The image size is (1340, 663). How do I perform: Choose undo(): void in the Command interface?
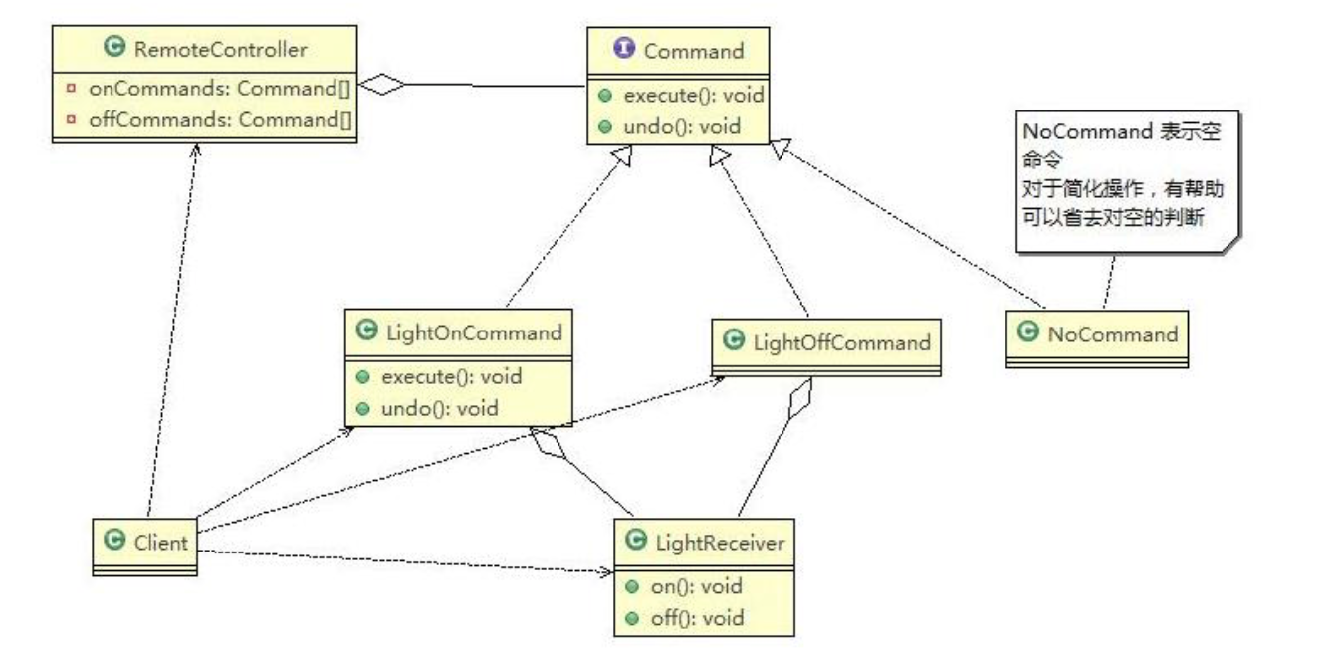pos(672,127)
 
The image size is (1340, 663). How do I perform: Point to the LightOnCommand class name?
pos(471,332)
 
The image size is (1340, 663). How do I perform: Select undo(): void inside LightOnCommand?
pos(439,408)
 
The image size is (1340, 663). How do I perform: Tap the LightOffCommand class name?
pos(841,343)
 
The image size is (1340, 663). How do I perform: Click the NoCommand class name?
pos(1111,334)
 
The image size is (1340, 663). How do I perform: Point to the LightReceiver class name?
pos(722,542)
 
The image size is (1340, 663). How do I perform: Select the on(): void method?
pos(696,586)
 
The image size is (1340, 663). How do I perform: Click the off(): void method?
pos(697,618)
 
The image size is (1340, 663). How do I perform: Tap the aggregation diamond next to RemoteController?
pos(382,86)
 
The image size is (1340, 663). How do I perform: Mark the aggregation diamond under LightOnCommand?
pos(549,444)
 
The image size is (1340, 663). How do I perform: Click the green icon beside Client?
pos(114,542)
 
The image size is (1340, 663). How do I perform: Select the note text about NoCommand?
pos(1120,175)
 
